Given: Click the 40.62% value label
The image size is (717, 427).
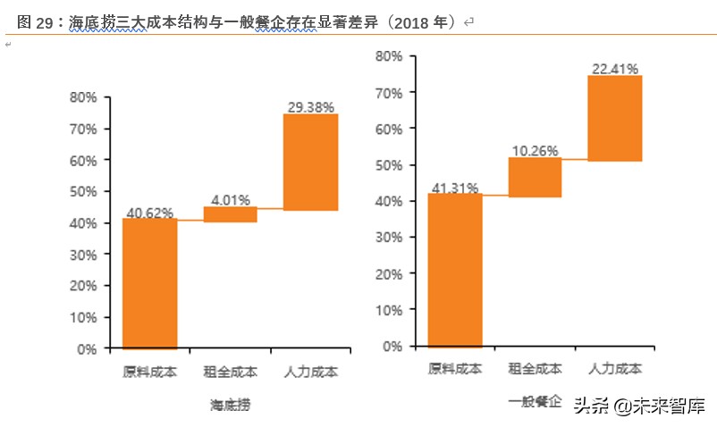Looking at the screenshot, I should pyautogui.click(x=149, y=213).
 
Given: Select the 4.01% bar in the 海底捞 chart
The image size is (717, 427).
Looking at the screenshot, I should pyautogui.click(x=231, y=214).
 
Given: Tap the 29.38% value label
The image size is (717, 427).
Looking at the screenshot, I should pyautogui.click(x=311, y=107).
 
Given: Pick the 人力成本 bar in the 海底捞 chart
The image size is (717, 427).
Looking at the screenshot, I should pyautogui.click(x=310, y=162).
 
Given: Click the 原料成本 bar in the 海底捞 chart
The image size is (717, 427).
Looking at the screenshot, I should pyautogui.click(x=149, y=283).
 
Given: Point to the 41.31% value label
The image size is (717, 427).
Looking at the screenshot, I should pyautogui.click(x=455, y=188).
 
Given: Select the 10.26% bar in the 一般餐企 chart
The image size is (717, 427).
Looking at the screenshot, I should pyautogui.click(x=536, y=177).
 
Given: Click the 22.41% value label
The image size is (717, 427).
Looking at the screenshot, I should pyautogui.click(x=615, y=68).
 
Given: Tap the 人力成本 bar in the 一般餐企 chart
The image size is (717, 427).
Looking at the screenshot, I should pyautogui.click(x=615, y=118).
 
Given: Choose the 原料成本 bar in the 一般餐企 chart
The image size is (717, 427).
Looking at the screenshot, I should pyautogui.click(x=455, y=270).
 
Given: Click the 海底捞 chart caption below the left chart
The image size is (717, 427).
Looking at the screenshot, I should pyautogui.click(x=230, y=405).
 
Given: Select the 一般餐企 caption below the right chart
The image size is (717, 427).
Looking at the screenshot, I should pyautogui.click(x=535, y=402).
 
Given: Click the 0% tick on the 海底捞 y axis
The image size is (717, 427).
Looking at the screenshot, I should pyautogui.click(x=87, y=349).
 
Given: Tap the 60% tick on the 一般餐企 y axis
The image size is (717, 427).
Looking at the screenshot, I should pyautogui.click(x=389, y=129).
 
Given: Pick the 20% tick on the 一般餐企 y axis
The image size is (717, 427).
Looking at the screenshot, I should pyautogui.click(x=389, y=273).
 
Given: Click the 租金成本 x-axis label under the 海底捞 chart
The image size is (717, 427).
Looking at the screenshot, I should pyautogui.click(x=231, y=372).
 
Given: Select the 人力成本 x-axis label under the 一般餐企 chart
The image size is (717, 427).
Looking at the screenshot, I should pyautogui.click(x=615, y=368).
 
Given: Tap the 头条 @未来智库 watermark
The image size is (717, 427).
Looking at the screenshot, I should pyautogui.click(x=638, y=406).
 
